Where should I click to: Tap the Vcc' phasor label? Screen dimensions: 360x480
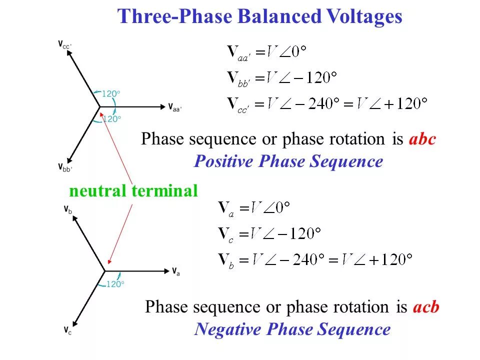64,44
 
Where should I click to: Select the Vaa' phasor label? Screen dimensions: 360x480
175,107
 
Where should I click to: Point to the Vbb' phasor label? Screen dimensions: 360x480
64,167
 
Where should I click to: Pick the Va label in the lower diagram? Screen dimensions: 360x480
176,271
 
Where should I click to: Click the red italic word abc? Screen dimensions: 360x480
422,139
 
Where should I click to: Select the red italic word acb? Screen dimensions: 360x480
426,307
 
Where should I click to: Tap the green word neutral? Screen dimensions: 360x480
98,190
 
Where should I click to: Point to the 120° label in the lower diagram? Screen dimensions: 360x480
115,284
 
